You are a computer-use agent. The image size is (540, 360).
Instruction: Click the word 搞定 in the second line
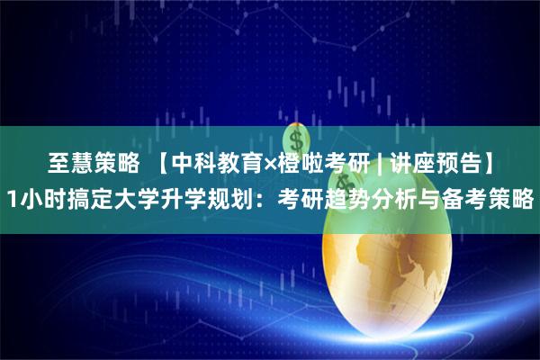(101, 197)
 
